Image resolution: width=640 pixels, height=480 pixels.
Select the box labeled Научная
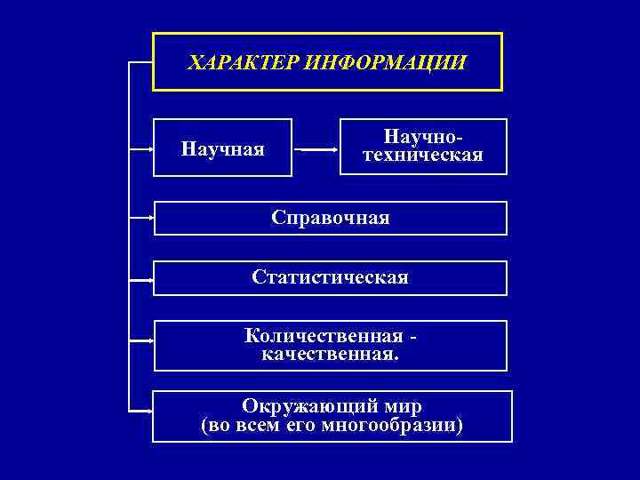pos(222,148)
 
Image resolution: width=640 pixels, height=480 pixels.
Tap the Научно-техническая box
pos(424,147)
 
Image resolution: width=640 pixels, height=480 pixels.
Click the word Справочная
pos(331,218)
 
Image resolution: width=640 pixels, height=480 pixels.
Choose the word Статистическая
pos(331,277)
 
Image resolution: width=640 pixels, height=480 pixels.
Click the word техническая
pos(424,156)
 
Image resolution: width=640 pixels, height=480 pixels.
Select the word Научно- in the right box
pos(424,138)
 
